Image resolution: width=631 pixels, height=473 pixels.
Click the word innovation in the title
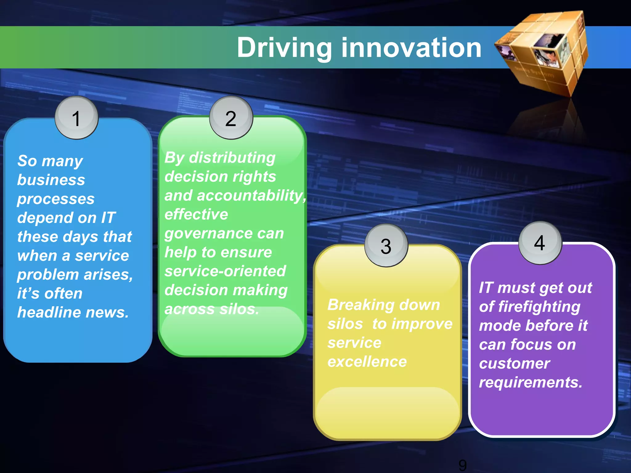pos(411,48)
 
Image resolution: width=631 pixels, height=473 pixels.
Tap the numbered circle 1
pos(76,118)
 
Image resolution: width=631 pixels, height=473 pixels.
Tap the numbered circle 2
pos(231,118)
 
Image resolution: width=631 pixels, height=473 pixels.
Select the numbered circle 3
pos(386,246)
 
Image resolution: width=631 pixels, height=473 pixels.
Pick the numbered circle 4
pos(540,243)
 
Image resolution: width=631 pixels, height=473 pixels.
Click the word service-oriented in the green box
pos(225,271)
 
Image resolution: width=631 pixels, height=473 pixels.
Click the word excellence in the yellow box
pos(367,362)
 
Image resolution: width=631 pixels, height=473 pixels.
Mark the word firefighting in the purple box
pos(539,307)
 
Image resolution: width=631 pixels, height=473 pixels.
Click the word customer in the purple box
pos(514,364)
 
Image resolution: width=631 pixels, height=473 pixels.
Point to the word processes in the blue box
pos(56,199)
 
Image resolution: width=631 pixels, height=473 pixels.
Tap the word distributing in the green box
pos(232,158)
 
